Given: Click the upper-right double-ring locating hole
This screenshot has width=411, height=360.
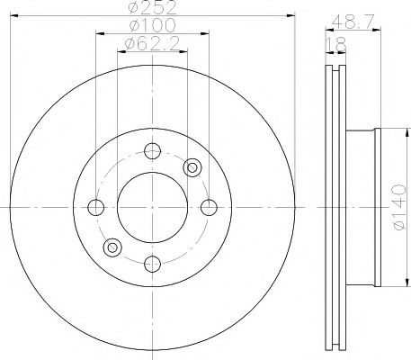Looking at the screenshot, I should tap(192, 166).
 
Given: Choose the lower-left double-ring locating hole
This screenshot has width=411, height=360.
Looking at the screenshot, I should tap(113, 247).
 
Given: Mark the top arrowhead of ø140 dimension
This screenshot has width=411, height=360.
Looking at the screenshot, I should tap(384, 130).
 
